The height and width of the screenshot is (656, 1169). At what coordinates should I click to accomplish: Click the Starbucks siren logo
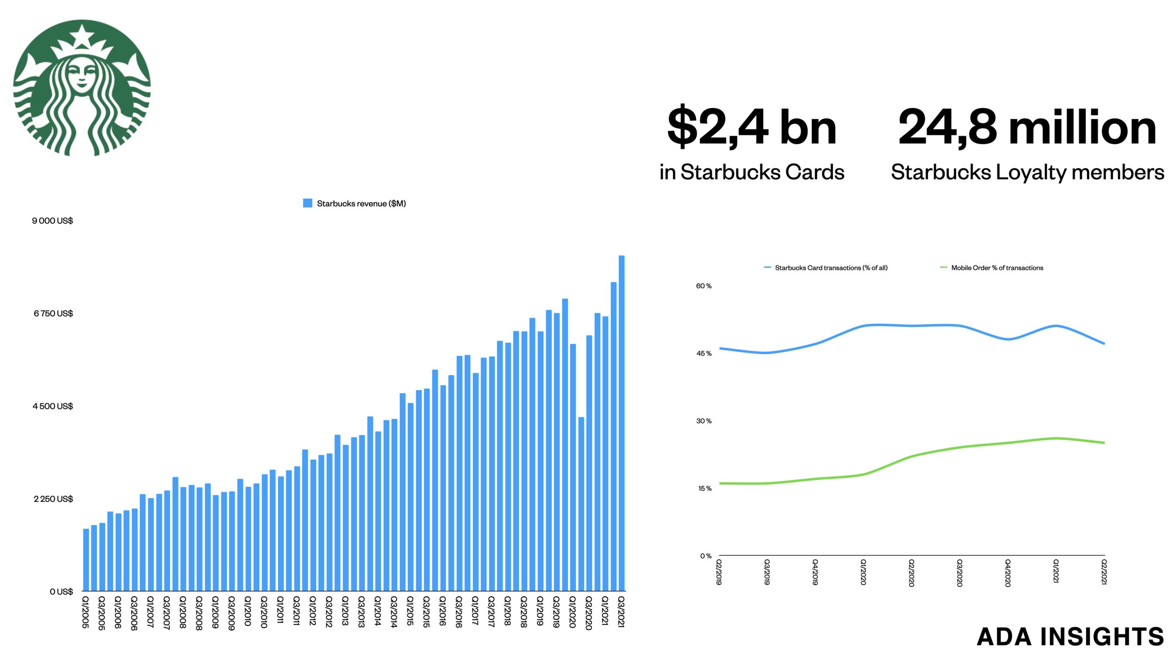click(x=82, y=87)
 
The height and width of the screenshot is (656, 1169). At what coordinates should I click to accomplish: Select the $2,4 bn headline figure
click(x=751, y=127)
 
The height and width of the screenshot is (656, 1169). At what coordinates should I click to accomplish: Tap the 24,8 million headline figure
click(x=1027, y=127)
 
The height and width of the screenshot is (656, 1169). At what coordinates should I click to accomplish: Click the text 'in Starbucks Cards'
click(x=751, y=172)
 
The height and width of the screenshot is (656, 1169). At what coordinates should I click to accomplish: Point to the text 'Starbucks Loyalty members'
click(x=1027, y=172)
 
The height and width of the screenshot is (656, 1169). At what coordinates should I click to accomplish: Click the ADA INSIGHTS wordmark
click(x=1070, y=636)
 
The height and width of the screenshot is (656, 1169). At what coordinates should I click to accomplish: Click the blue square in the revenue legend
click(x=307, y=203)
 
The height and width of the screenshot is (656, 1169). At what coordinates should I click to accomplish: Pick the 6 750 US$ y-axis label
click(x=53, y=313)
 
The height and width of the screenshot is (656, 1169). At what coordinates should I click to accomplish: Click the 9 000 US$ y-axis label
click(x=52, y=220)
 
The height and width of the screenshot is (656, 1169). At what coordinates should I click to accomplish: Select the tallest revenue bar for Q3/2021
click(x=621, y=421)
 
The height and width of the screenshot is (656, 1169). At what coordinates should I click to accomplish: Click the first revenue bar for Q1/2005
click(x=86, y=559)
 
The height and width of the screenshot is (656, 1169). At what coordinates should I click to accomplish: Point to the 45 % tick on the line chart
click(x=703, y=353)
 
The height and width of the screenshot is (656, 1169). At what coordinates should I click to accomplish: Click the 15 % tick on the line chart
click(x=704, y=488)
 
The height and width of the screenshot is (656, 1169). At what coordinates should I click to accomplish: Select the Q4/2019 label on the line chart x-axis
click(x=815, y=572)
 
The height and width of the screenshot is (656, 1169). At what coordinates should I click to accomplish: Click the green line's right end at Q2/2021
click(x=1104, y=443)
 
